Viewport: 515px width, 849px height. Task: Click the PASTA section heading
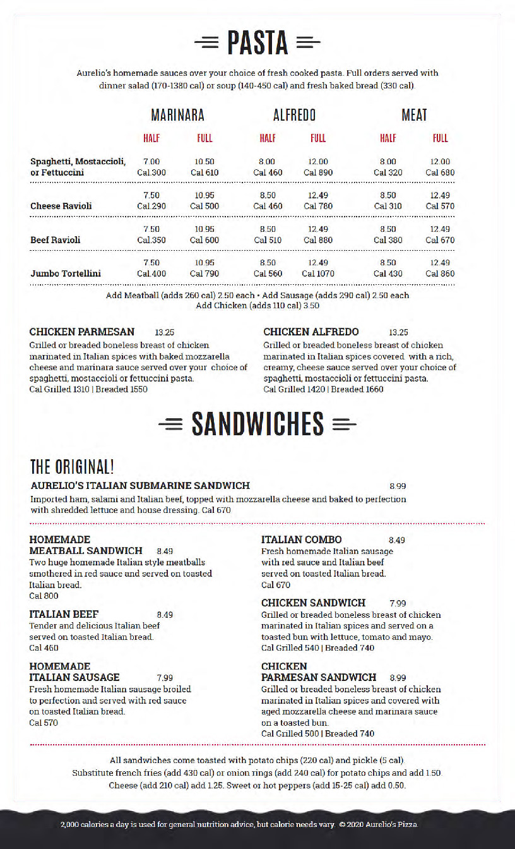[x=257, y=43]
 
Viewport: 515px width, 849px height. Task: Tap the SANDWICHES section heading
[x=257, y=423]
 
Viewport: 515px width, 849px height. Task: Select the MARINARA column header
[x=177, y=115]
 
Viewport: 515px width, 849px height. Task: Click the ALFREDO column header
[x=294, y=115]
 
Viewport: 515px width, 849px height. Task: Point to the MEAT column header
[x=414, y=115]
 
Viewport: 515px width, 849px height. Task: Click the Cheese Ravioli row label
[x=61, y=206]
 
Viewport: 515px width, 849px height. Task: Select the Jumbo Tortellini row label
[x=66, y=274]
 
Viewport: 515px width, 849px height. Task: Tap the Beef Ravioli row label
[x=56, y=240]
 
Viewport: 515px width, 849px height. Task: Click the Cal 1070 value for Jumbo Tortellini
[x=318, y=274]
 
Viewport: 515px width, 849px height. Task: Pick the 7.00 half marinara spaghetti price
[x=151, y=162]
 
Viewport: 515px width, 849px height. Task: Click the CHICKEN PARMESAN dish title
[x=82, y=332]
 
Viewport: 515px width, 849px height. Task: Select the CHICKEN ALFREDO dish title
[x=311, y=332]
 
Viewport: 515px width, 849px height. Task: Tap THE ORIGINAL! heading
[x=73, y=467]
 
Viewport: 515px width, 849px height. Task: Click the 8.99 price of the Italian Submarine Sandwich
[x=398, y=486]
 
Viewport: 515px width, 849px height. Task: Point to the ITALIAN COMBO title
[x=302, y=539]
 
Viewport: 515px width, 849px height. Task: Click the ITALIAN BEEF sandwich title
[x=64, y=614]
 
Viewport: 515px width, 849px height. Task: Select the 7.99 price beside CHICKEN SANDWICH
[x=398, y=603]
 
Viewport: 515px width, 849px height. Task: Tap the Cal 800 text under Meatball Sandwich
[x=44, y=596]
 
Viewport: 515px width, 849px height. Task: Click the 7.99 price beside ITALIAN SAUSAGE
[x=165, y=678]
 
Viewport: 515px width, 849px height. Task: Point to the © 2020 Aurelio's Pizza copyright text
[x=378, y=824]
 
